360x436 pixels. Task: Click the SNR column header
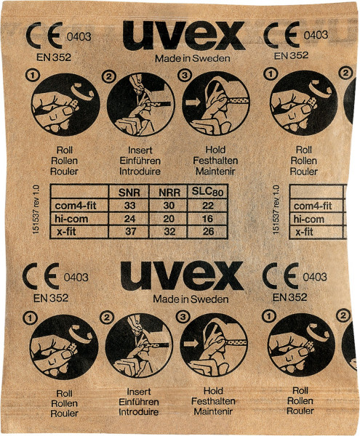[128, 193]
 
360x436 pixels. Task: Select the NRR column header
[169, 193]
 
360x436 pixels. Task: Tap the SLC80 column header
[208, 192]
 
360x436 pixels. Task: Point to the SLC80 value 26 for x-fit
[208, 231]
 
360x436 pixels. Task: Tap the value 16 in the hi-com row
[208, 218]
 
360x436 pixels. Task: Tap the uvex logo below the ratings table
[182, 276]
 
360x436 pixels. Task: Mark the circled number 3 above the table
[185, 75]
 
